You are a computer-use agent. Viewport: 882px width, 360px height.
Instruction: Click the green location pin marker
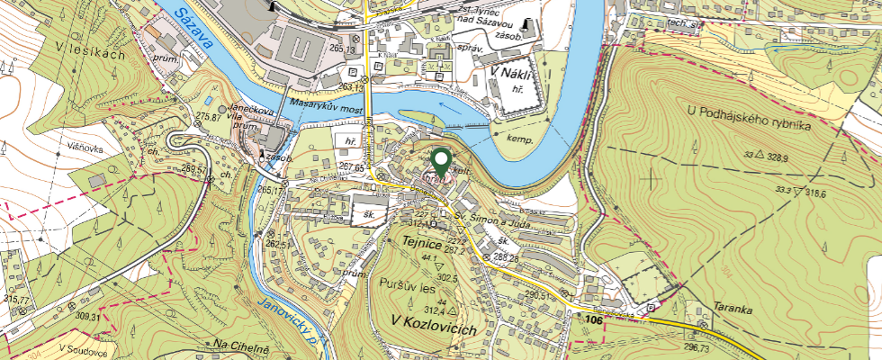click(x=441, y=162)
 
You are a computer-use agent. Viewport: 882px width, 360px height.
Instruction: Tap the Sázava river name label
click(x=194, y=28)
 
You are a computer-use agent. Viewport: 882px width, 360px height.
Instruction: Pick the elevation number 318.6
click(x=796, y=193)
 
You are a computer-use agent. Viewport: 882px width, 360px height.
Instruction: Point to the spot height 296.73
click(x=697, y=347)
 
